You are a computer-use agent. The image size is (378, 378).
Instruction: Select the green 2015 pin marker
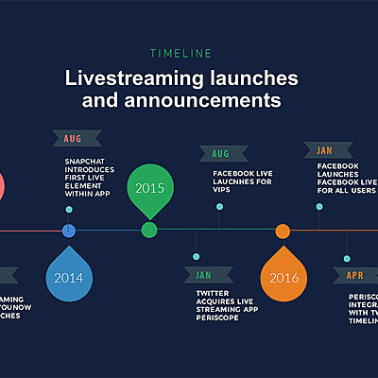[149, 188]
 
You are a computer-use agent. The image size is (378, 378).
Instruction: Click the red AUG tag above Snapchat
[74, 139]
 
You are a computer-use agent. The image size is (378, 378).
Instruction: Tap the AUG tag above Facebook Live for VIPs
[221, 152]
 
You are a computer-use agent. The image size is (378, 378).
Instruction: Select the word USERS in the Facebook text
[360, 190]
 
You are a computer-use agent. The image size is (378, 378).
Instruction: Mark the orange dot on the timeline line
[283, 231]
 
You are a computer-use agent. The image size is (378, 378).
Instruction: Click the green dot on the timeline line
[149, 231]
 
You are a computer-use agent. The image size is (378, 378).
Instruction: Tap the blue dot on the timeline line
[68, 231]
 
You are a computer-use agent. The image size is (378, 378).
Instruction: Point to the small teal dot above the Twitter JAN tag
[196, 257]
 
